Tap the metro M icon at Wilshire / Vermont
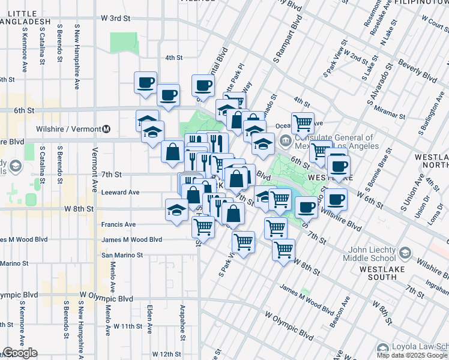point(106,129)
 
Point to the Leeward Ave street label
point(122,193)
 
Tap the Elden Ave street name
point(149,314)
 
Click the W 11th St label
point(127,326)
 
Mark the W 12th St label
point(166,354)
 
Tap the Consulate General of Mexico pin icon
point(285,142)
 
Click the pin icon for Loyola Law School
point(382,349)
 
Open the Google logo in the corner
point(20,353)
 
